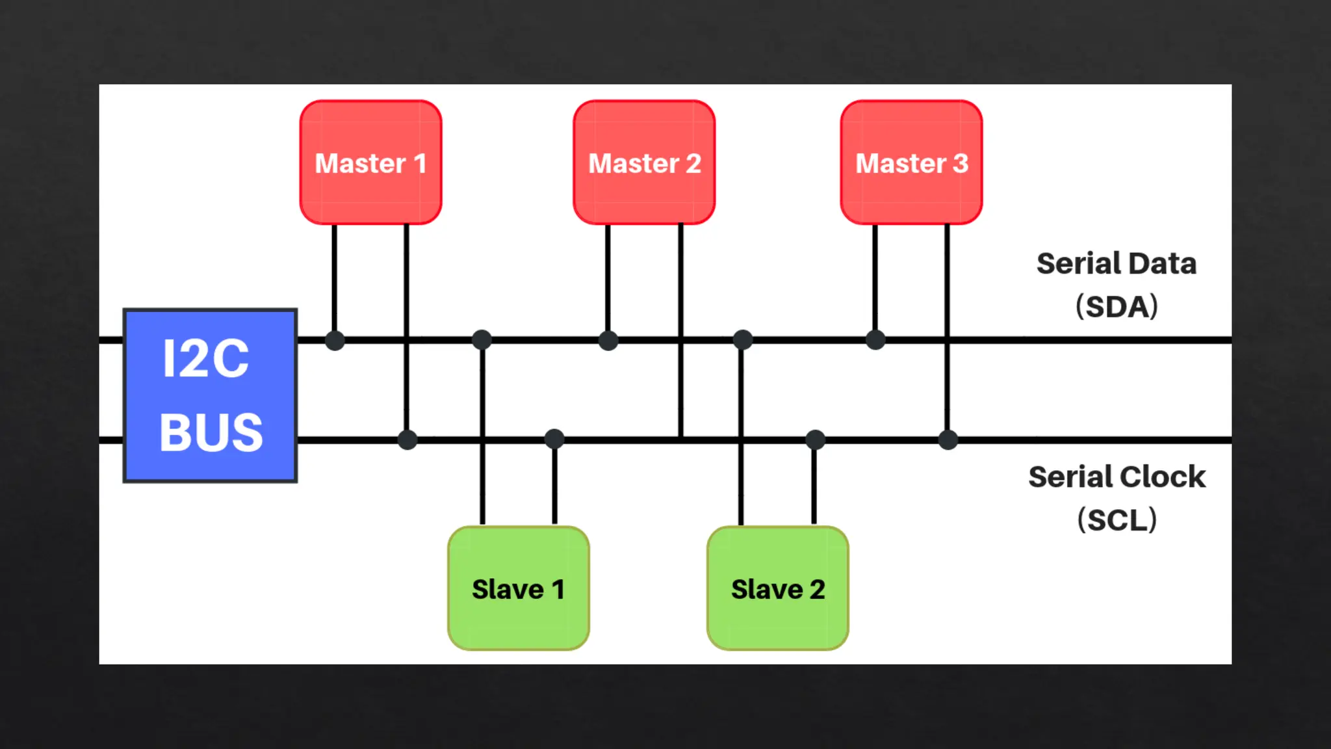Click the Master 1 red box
(370, 163)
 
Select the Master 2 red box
(644, 163)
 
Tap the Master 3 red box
(911, 163)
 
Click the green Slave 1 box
(518, 588)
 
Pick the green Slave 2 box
(777, 588)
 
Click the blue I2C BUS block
(210, 395)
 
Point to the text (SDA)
(1117, 306)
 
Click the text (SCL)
(1117, 520)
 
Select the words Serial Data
(1116, 263)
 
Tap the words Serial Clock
(1117, 477)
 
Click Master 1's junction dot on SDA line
(335, 340)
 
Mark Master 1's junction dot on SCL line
(407, 440)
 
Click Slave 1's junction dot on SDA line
(482, 339)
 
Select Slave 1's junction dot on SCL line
(554, 440)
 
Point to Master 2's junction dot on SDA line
(608, 340)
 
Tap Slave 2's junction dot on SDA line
(742, 339)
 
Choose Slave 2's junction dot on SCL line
(815, 440)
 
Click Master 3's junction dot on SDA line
(875, 339)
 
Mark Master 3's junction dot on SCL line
(948, 440)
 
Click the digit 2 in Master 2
(693, 163)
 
